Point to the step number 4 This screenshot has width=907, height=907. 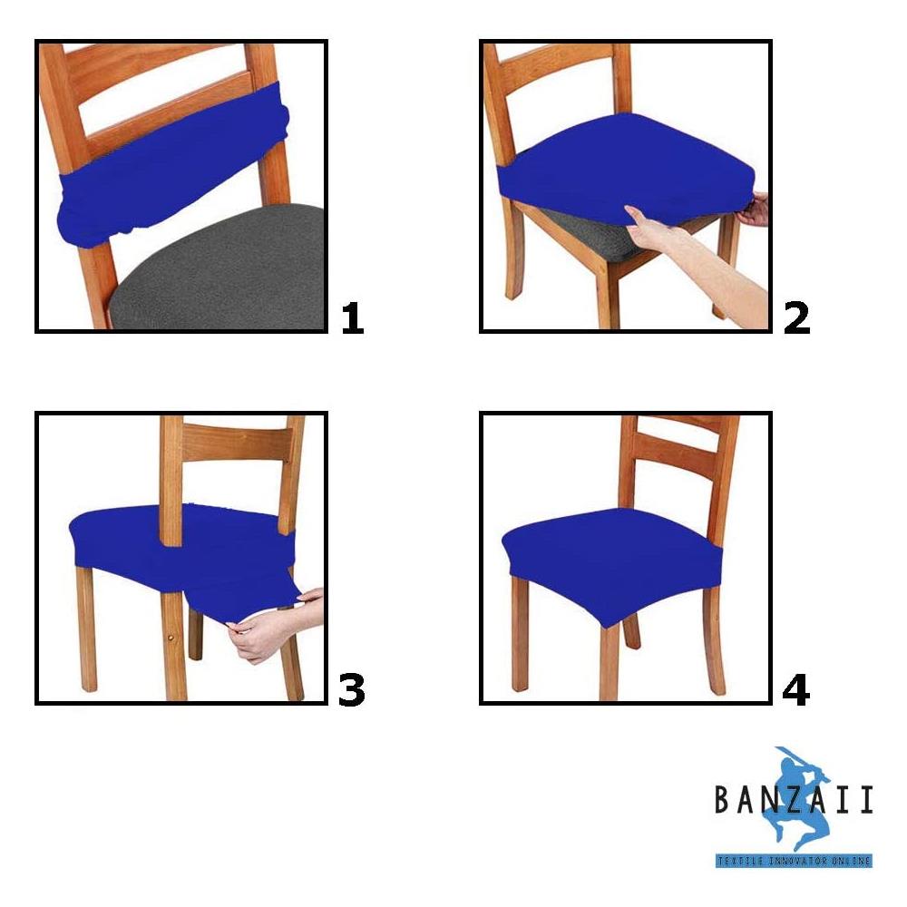tap(795, 690)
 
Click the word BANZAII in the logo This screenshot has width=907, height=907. tap(794, 800)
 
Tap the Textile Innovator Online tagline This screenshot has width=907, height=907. tap(794, 860)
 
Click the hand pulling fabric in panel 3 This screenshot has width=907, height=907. tap(263, 635)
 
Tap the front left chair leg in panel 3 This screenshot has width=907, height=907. tap(86, 635)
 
